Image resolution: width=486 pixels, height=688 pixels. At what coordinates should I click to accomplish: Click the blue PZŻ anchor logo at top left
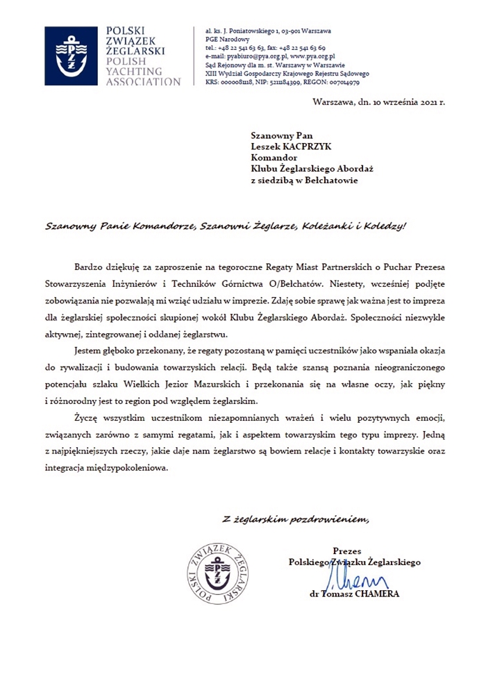pos(67,56)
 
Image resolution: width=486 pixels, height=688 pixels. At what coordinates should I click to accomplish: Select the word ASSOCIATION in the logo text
pos(143,82)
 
